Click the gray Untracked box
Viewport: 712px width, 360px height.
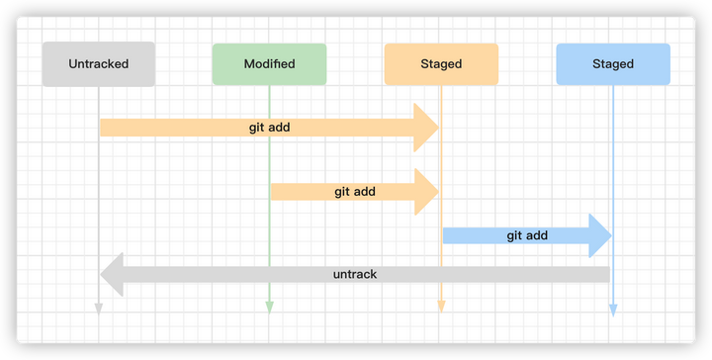[x=99, y=64]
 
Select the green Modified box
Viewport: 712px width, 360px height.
[x=269, y=64]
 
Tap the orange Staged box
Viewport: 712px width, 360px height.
[x=441, y=64]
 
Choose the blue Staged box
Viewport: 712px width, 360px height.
[x=612, y=64]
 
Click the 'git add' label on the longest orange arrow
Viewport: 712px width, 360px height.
[x=269, y=128]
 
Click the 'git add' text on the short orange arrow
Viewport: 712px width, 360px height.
[x=354, y=192]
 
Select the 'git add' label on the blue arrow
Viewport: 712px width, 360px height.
[x=527, y=235]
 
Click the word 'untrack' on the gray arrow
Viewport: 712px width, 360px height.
[x=355, y=274]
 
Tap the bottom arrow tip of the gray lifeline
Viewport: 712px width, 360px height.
[x=99, y=310]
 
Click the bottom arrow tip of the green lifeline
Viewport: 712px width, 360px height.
[x=269, y=310]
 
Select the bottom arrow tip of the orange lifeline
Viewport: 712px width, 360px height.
[x=441, y=310]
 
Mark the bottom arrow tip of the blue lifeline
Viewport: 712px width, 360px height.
[x=612, y=310]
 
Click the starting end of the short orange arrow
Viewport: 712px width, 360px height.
[x=274, y=192]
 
